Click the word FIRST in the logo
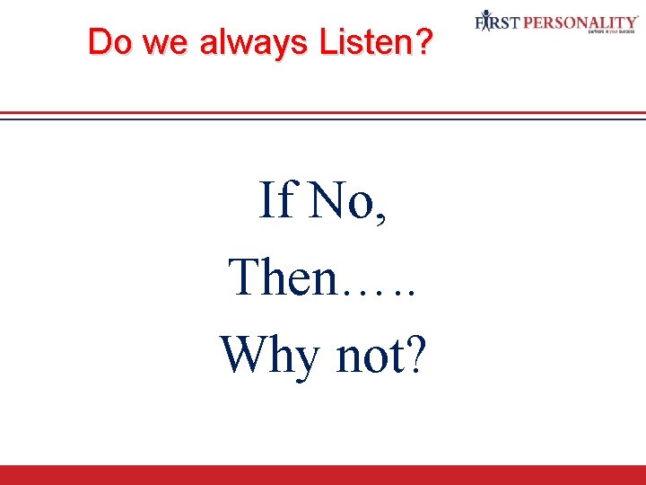[497, 21]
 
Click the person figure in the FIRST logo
[485, 21]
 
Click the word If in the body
[275, 199]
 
